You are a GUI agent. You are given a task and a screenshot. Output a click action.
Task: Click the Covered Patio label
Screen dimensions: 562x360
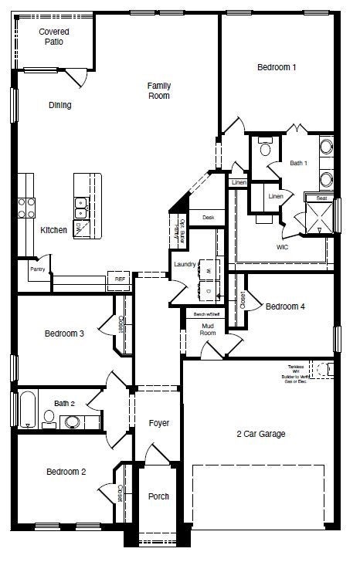coord(54,36)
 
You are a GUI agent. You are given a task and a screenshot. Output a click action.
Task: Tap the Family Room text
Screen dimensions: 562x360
coord(159,90)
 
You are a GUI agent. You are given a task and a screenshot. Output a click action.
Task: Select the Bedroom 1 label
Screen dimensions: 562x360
coord(277,68)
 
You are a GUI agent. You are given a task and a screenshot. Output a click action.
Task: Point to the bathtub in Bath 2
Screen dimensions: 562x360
coord(26,410)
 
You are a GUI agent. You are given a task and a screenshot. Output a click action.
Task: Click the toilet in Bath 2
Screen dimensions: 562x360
coord(49,418)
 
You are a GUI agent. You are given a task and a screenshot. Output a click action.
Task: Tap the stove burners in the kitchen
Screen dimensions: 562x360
coord(27,205)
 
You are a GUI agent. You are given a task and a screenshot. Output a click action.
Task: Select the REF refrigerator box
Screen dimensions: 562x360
coord(120,279)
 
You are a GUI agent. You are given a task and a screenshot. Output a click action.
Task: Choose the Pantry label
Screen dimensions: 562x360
coord(37,270)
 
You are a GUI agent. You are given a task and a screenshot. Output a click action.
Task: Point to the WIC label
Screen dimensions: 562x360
coord(283,247)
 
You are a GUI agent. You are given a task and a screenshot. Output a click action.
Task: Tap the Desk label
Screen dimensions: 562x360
coord(208,218)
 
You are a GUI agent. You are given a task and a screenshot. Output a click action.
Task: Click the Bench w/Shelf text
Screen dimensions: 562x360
coord(205,314)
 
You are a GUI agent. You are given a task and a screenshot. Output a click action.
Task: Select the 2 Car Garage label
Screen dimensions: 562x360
coord(260,434)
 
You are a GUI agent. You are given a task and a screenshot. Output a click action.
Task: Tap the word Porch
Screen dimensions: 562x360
coord(158,496)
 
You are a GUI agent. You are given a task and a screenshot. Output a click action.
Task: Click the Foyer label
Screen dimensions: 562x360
coord(158,423)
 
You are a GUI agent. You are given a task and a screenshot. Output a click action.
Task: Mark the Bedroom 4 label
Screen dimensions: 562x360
coord(285,306)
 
